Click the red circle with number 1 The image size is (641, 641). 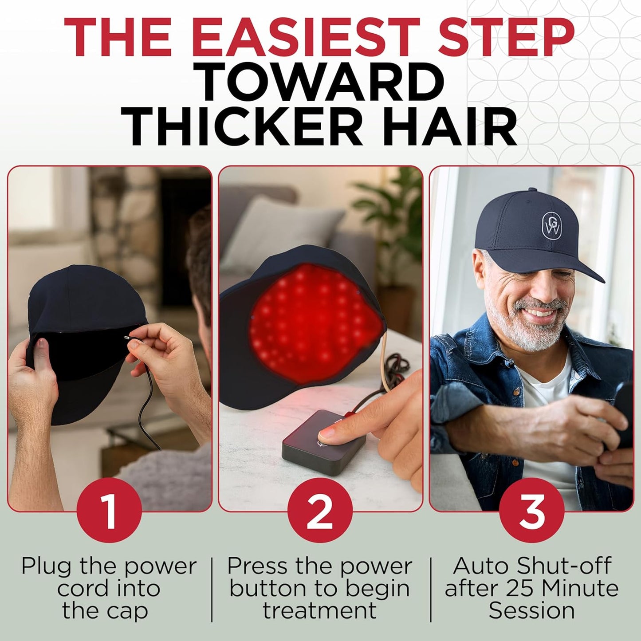point(109,511)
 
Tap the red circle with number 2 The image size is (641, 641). point(320,511)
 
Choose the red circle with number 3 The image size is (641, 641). point(531,511)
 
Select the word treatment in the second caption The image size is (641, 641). point(319,611)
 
